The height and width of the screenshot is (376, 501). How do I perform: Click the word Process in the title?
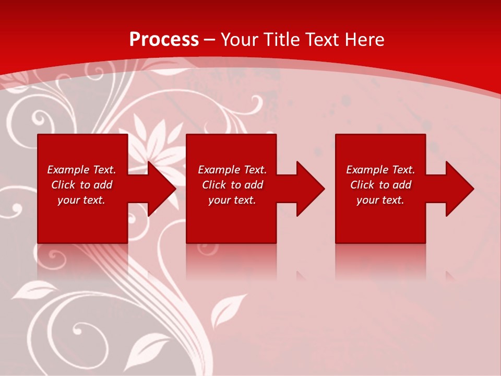click(x=164, y=40)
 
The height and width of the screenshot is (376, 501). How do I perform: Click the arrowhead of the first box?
click(x=162, y=189)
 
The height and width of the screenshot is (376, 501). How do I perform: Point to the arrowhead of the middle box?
click(x=311, y=189)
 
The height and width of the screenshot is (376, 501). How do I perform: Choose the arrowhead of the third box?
click(x=459, y=189)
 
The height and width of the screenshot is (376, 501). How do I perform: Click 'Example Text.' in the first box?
click(x=81, y=170)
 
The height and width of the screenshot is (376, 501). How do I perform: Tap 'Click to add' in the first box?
click(x=81, y=185)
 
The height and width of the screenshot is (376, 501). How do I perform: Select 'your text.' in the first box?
click(x=81, y=200)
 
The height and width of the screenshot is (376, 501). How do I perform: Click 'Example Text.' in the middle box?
click(x=232, y=170)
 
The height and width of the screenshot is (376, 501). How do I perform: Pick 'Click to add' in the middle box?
click(x=232, y=185)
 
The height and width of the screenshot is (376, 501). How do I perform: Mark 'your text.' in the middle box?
click(x=232, y=200)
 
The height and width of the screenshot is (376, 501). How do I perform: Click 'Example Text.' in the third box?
click(x=380, y=170)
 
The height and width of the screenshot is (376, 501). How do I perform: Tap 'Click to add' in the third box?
click(x=380, y=185)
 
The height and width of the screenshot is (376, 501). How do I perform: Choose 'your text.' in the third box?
click(x=380, y=200)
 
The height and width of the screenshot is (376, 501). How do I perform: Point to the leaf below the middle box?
click(x=228, y=309)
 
